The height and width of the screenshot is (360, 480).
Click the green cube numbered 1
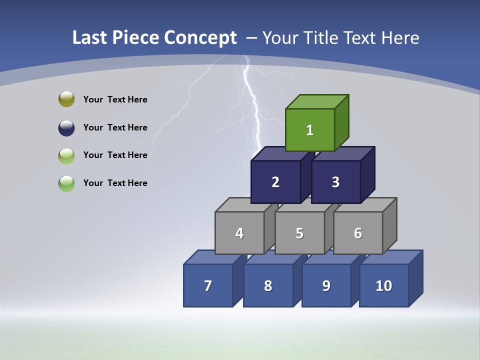tap(310, 130)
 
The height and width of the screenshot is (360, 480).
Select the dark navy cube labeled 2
tap(275, 182)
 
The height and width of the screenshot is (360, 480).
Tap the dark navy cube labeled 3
tap(335, 182)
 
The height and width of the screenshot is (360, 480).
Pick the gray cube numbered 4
tap(239, 233)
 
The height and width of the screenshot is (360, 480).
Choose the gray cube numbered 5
tap(299, 233)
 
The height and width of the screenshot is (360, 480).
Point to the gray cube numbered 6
tap(358, 233)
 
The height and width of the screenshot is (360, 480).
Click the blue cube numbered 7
tap(208, 285)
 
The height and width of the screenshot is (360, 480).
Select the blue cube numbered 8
tap(268, 285)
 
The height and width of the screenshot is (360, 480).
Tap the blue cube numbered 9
tap(326, 285)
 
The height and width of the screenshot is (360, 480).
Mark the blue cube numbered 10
tap(383, 285)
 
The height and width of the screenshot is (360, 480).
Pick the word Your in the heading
tap(281, 37)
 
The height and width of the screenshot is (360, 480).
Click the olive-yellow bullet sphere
tap(66, 99)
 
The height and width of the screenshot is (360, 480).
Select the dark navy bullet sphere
tap(66, 127)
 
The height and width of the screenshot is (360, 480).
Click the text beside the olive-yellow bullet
tap(115, 99)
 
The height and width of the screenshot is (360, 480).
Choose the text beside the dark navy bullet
tap(115, 127)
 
